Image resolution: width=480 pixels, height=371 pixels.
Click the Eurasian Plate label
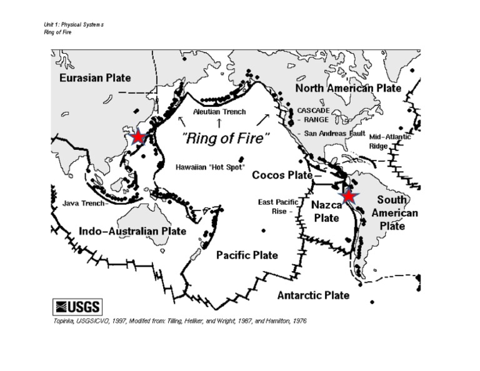[x=95, y=78]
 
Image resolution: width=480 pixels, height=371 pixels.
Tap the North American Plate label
[x=347, y=88]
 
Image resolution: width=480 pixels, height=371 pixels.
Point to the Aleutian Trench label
[x=219, y=112]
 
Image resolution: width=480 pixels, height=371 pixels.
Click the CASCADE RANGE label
[x=322, y=114]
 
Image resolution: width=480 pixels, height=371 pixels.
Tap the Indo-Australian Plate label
[x=132, y=231]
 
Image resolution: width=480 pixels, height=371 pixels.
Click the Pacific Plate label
[x=247, y=255]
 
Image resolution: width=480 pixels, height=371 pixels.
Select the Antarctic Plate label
[x=313, y=295]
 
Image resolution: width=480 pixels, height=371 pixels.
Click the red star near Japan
[x=137, y=137]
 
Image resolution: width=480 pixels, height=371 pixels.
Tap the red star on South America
[x=349, y=196]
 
